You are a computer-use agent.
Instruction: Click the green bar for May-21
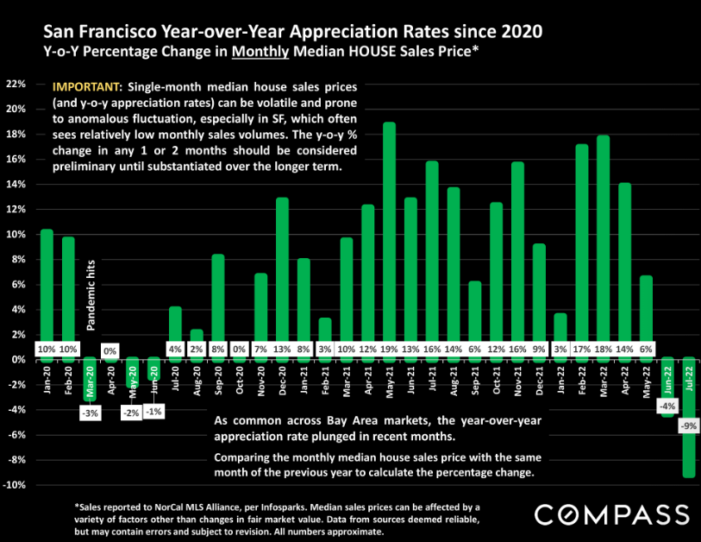point(389,233)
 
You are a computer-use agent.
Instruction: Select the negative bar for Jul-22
point(689,423)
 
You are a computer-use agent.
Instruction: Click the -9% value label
point(688,425)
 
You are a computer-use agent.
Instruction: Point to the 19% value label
point(389,349)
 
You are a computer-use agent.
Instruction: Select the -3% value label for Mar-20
point(91,414)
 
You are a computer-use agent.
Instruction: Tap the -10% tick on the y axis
point(16,485)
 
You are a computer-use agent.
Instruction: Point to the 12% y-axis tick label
point(17,209)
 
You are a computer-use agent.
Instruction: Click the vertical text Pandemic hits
point(91,293)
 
